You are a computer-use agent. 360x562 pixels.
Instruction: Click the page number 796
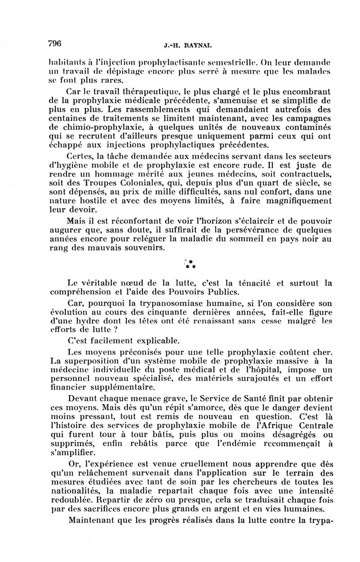pos(54,43)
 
